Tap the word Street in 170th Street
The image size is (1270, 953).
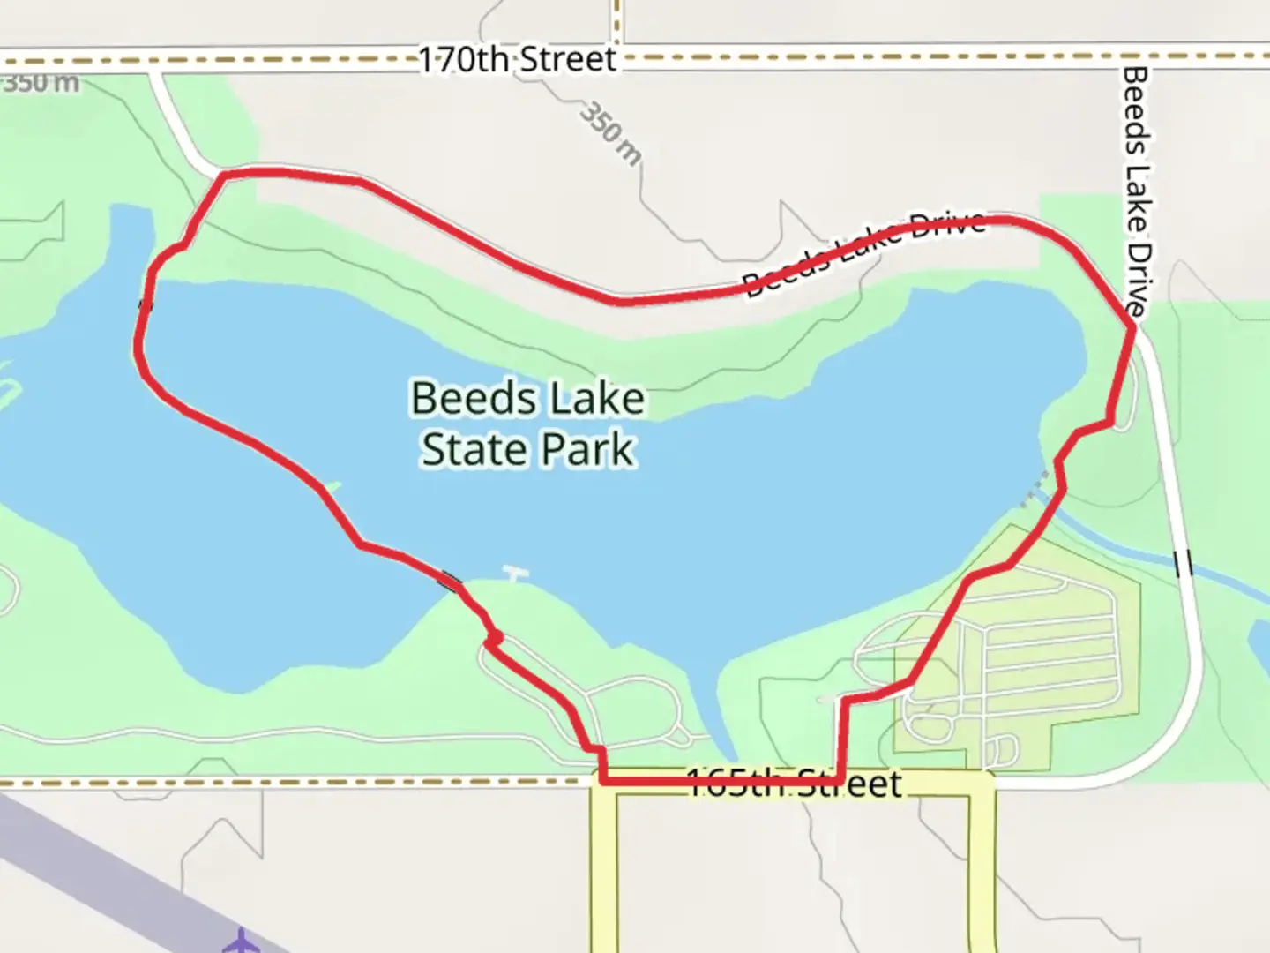point(567,60)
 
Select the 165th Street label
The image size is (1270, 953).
point(794,784)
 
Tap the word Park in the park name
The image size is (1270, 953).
point(587,449)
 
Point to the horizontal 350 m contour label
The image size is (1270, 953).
point(41,84)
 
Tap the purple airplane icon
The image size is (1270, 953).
point(239,941)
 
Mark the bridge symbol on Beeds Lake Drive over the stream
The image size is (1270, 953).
point(1184,563)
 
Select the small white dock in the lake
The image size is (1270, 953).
point(515,574)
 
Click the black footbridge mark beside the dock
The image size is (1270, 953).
point(450,580)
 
